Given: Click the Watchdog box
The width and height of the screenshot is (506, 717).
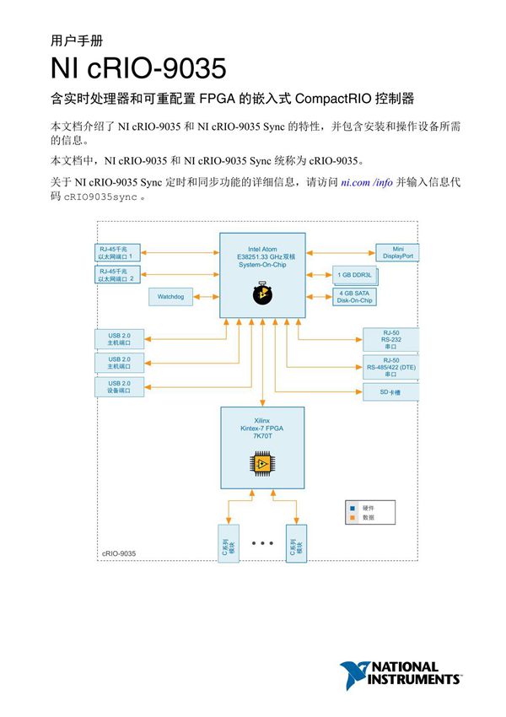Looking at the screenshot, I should (x=176, y=297).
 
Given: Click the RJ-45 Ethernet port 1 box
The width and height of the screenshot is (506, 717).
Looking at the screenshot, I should (x=120, y=252).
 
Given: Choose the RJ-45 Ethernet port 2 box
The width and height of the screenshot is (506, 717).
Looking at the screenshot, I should (x=120, y=274).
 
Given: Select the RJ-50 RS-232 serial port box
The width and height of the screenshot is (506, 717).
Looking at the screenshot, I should (x=390, y=340).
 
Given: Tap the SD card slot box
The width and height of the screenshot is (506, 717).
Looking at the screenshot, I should (x=390, y=392).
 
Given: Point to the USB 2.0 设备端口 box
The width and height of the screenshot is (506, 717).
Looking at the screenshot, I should (x=120, y=387).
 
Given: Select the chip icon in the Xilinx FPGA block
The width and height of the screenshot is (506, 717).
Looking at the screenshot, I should (x=262, y=463).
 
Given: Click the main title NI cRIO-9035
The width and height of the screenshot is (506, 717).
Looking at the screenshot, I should (x=137, y=68).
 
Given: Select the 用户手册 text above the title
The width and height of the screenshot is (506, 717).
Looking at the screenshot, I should (x=78, y=40).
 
